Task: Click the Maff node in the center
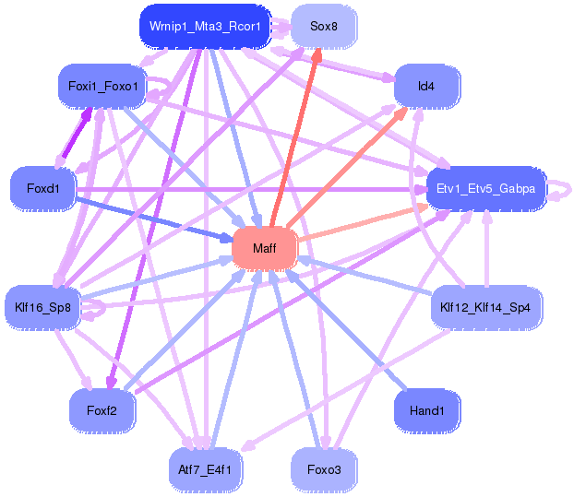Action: click(264, 248)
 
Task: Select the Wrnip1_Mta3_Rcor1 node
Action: click(205, 27)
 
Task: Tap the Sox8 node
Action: click(323, 27)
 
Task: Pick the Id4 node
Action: click(425, 87)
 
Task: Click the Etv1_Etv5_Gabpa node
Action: click(485, 189)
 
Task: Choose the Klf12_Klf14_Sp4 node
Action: click(484, 307)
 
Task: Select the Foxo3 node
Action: click(323, 469)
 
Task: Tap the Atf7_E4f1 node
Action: click(205, 469)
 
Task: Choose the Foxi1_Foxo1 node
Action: click(102, 87)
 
